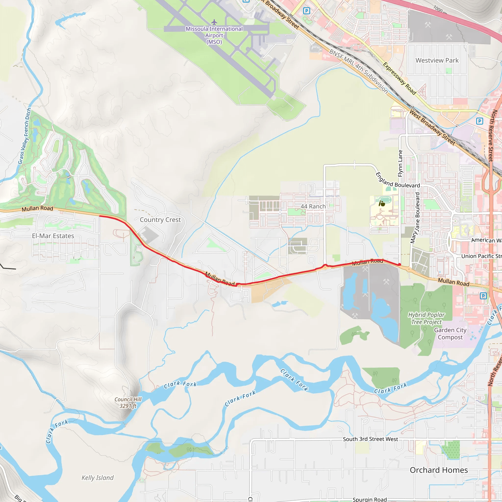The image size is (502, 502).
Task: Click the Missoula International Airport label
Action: pos(214,35)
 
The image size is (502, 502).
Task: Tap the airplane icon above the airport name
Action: pos(214,22)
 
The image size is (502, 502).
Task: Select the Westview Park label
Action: pos(437,60)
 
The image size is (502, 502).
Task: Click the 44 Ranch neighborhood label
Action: pos(313,206)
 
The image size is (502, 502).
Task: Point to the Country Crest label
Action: pos(160,220)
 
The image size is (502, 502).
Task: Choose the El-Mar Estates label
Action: pos(53,236)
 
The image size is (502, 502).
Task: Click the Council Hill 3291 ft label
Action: pos(128,402)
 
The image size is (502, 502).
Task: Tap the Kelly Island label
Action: pos(98,477)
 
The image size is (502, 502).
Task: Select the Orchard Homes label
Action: pos(439,470)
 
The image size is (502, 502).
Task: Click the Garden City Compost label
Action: pos(450,334)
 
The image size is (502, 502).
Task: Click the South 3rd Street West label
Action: pos(370,439)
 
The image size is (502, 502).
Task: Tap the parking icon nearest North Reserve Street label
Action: pos(479,121)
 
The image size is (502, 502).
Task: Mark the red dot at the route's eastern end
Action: pos(399,264)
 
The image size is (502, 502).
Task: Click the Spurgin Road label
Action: pos(369,499)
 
